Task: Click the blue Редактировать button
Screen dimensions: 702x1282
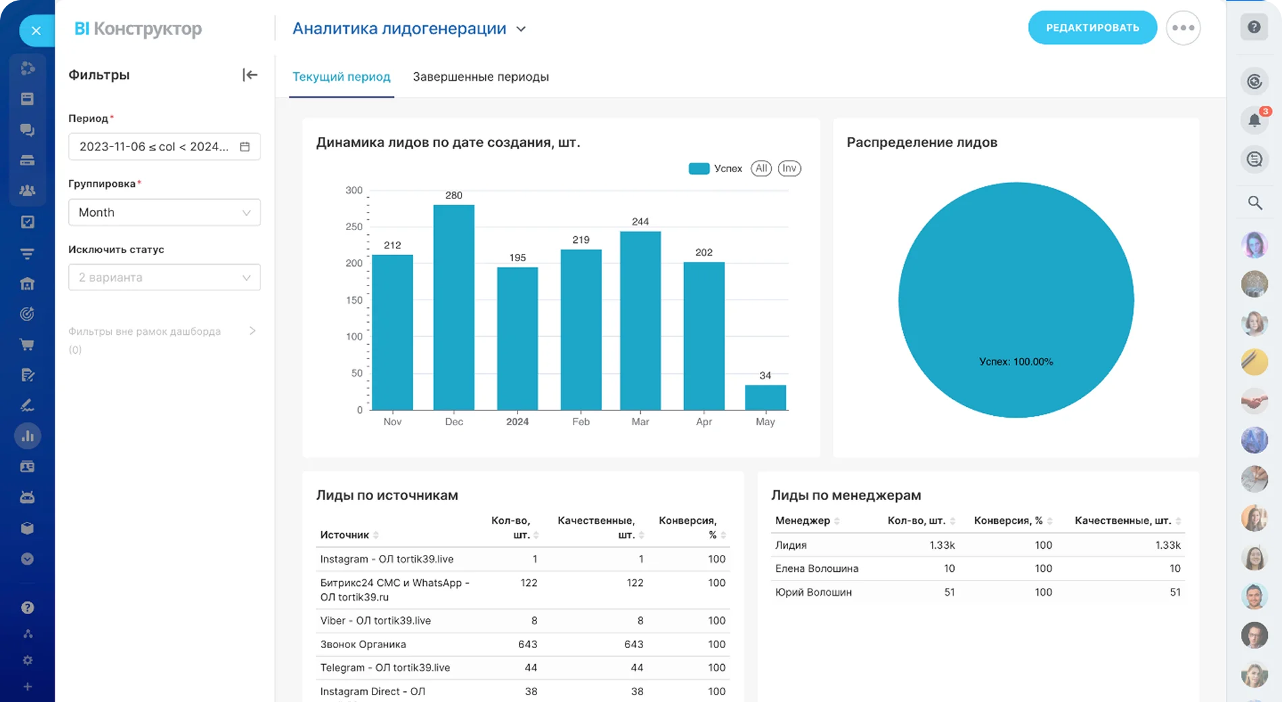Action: point(1092,28)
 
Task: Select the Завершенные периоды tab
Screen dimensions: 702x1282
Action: point(480,77)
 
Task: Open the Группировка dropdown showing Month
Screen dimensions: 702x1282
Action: point(164,213)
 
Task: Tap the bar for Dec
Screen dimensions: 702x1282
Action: point(453,307)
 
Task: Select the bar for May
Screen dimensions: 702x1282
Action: point(765,398)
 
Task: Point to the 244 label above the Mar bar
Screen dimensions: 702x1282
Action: point(640,221)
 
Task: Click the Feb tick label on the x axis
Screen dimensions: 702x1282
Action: point(580,422)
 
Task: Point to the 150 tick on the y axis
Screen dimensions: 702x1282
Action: point(354,300)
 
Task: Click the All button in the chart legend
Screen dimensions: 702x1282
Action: point(761,169)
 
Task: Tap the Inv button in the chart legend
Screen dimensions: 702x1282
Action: point(789,169)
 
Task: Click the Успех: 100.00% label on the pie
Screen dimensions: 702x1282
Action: point(1015,362)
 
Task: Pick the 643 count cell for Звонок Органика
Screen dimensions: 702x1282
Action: point(528,644)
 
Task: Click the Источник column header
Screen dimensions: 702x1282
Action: point(345,535)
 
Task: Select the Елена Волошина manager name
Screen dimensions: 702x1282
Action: point(816,568)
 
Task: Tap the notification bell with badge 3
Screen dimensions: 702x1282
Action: point(1254,120)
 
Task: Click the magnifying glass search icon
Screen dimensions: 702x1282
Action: point(1254,202)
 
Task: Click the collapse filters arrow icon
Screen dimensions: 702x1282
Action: point(250,75)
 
